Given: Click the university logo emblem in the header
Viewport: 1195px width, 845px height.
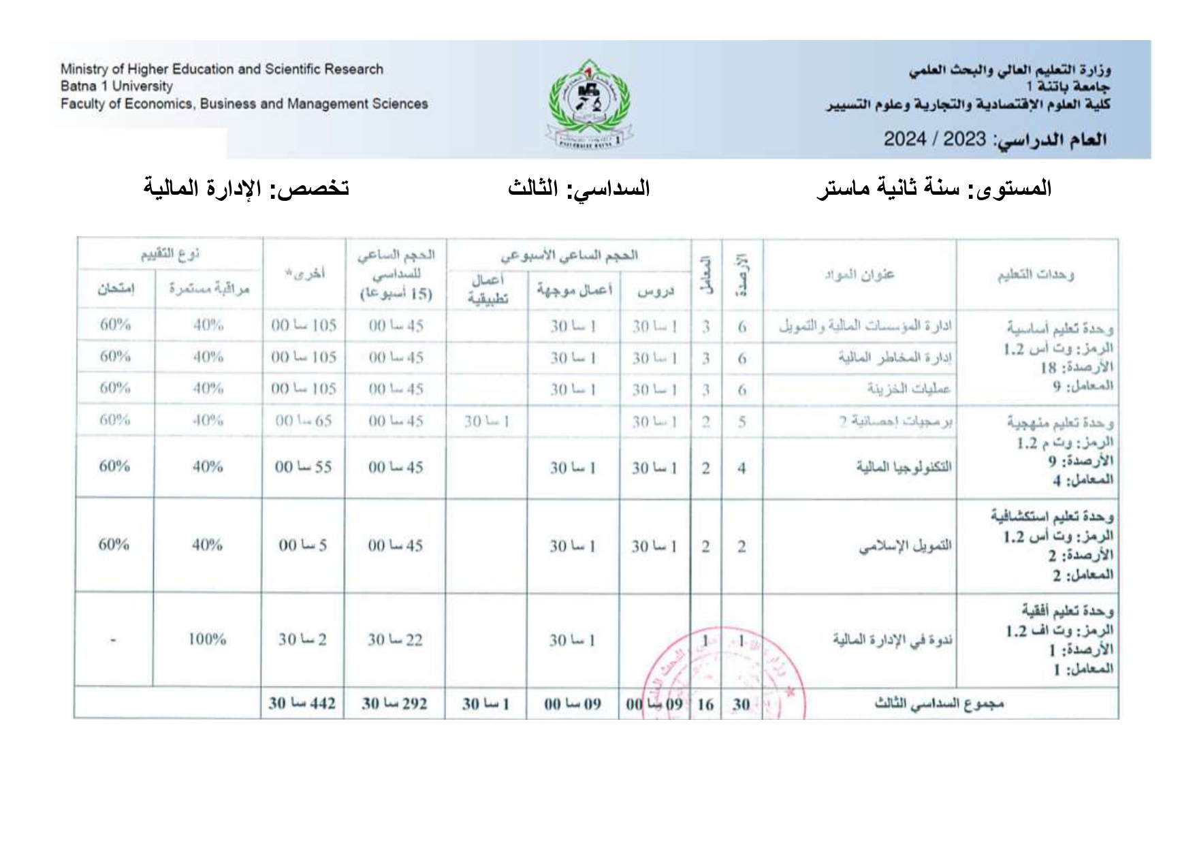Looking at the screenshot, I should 590,103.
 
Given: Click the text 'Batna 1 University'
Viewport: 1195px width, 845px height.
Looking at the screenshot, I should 116,86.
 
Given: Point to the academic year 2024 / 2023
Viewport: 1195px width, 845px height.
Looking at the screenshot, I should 934,140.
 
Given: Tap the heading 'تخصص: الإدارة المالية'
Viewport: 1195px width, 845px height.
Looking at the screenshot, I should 246,187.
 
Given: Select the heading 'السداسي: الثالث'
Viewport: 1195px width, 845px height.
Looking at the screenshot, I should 579,188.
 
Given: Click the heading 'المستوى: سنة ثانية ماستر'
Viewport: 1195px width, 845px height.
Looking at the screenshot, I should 934,188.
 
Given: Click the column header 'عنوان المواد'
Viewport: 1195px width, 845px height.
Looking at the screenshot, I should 859,275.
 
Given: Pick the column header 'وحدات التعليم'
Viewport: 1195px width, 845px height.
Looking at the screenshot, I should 1036,275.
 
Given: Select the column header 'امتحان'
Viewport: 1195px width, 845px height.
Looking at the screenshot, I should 116,289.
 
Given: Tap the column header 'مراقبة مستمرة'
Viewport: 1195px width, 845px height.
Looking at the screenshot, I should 209,289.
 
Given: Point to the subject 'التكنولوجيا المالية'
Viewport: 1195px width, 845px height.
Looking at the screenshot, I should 904,467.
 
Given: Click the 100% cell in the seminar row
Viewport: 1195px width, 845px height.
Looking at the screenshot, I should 207,639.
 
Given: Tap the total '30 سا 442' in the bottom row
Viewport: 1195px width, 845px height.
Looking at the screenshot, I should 302,703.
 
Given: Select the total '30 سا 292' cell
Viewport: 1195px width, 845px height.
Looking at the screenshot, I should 394,703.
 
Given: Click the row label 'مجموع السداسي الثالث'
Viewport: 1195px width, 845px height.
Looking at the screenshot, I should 939,704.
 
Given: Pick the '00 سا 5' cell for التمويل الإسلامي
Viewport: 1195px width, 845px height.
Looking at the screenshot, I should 302,545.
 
